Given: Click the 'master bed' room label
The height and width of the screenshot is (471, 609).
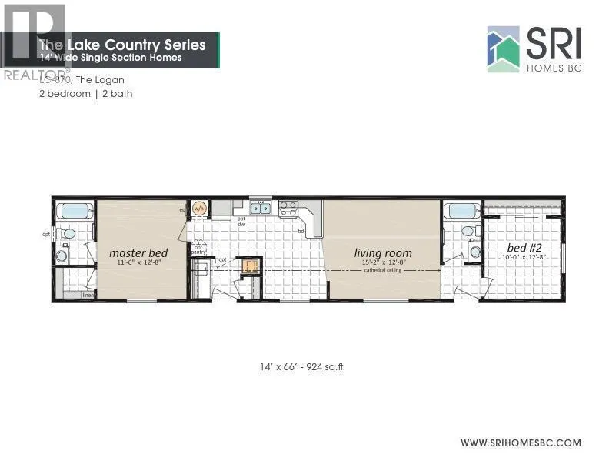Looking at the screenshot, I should (x=140, y=252).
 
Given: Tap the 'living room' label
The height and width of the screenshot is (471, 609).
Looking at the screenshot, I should (x=382, y=252).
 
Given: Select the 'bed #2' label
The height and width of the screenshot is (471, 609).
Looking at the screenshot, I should (x=524, y=248).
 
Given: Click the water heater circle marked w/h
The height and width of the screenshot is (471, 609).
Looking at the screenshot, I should (x=199, y=208).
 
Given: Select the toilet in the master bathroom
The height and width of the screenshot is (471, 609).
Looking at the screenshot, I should (x=68, y=233).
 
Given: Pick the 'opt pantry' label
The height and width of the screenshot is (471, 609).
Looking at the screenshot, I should (x=198, y=249).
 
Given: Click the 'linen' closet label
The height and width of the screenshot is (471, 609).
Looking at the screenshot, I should (x=88, y=295).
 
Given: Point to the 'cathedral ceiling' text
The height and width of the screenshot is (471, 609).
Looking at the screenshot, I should (x=382, y=271).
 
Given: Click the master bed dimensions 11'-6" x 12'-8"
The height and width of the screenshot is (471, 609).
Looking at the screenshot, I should (x=140, y=262).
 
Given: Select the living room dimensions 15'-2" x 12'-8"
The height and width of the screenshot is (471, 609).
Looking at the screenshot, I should (x=382, y=262).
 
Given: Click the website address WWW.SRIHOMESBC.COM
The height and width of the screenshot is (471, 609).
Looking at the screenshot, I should (x=521, y=443).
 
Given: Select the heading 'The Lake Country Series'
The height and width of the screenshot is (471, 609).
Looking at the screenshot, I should (x=123, y=45).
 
